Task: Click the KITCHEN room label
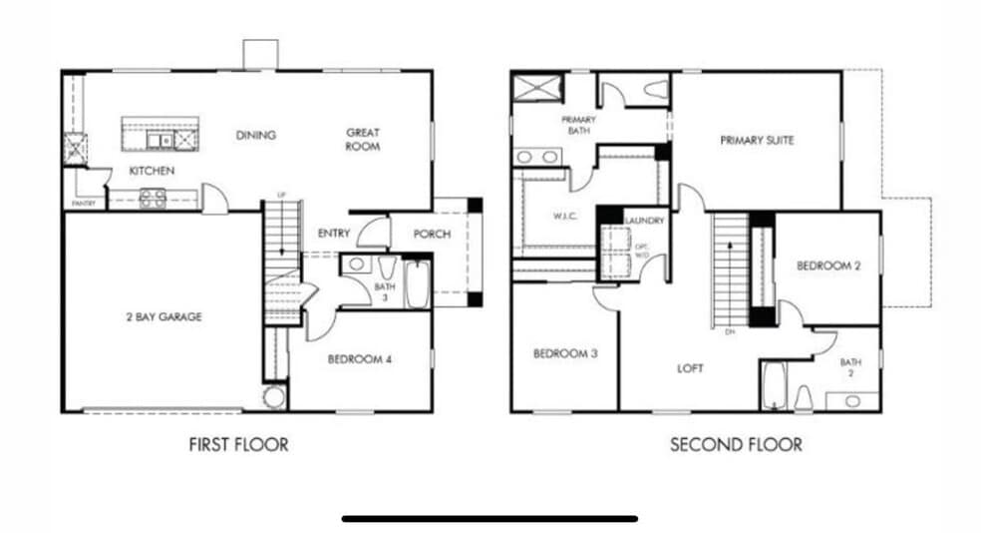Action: coord(152,171)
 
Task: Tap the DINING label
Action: coord(256,136)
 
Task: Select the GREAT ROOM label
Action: coord(363,139)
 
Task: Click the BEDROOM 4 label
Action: coord(359,359)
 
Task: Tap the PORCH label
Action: coord(432,235)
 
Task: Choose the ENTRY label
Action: coord(333,234)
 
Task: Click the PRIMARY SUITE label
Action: coord(757,141)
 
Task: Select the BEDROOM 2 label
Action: coord(827,266)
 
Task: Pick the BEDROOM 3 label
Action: coord(564,353)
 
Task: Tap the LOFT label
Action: coord(689,368)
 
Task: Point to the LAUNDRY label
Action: coord(637,221)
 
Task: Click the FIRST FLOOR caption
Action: coord(238,444)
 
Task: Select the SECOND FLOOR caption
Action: coord(735,444)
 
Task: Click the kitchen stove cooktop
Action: coord(153,198)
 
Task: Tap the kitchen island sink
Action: coord(160,139)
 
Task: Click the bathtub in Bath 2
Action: coord(774,387)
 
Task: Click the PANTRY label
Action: coord(82,205)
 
